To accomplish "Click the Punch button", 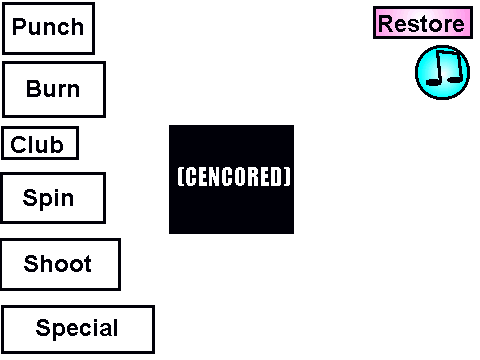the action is click(x=48, y=28).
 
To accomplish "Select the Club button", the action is click(x=40, y=143).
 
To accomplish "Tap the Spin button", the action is click(x=53, y=198).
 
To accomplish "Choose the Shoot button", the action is click(x=60, y=264).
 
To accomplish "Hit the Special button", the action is click(x=78, y=329).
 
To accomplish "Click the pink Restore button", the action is click(x=423, y=23).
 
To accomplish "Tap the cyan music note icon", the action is click(x=442, y=72).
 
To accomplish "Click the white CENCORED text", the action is click(x=234, y=176).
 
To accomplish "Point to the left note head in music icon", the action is click(x=434, y=81).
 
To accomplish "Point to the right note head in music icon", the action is click(x=455, y=79).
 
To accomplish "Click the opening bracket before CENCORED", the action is click(x=181, y=176).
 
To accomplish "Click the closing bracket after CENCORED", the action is click(x=288, y=176).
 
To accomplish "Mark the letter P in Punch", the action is click(x=19, y=26).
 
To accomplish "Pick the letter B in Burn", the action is click(x=33, y=89).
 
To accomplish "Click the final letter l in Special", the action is click(x=115, y=327).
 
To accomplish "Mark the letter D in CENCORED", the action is click(x=278, y=176).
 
